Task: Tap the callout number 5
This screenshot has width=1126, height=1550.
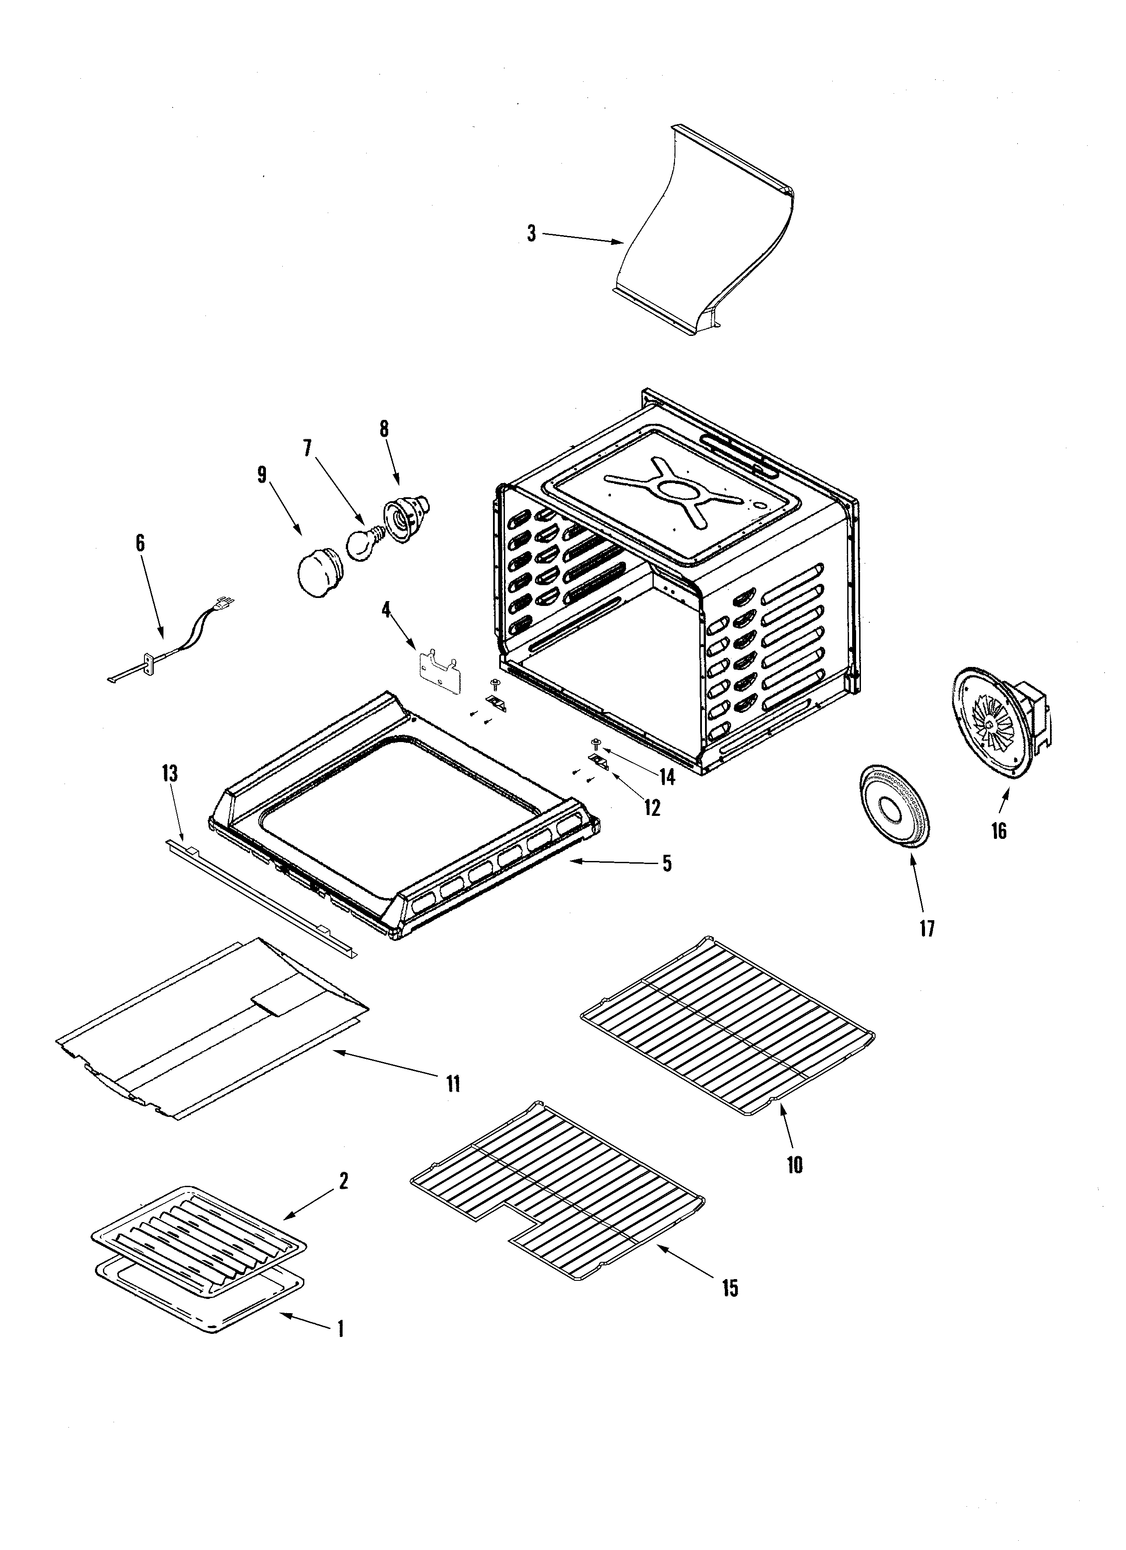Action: point(666,863)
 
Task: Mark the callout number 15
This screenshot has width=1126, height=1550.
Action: point(730,1288)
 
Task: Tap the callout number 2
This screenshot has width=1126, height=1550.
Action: point(343,1180)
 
